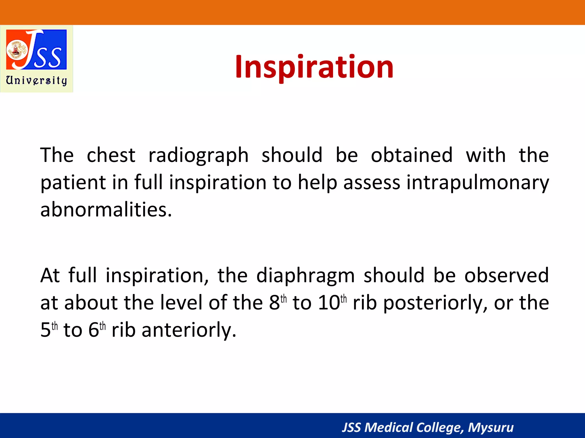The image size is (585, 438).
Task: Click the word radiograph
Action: coord(198,155)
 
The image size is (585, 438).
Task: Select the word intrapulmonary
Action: coord(477,183)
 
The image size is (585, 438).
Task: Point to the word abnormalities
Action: coord(106,210)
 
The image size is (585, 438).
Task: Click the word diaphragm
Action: coord(305,276)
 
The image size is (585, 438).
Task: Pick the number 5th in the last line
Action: coord(49,330)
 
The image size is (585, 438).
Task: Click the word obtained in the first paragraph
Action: coord(412,155)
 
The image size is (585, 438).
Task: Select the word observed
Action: coord(506,276)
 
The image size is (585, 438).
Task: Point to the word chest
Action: coord(111,155)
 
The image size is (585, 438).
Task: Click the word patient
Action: coord(73,183)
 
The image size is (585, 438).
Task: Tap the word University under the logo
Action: coord(37,80)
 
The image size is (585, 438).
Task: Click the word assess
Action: coord(372,183)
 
